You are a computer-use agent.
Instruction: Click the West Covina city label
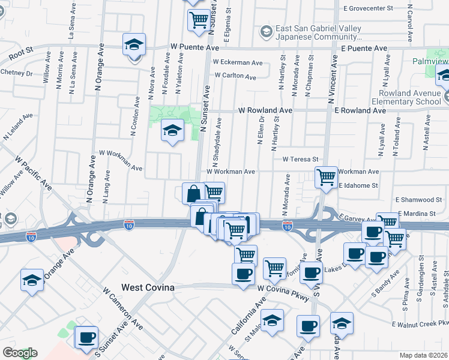148,287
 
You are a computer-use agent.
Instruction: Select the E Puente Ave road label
364,47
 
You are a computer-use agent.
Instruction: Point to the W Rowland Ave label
265,110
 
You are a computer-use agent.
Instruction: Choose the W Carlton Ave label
235,76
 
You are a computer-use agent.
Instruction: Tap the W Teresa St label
300,159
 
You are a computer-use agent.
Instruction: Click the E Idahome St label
358,186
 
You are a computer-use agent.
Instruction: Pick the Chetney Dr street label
16,73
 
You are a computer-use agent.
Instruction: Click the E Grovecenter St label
367,8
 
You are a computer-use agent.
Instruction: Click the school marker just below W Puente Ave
134,46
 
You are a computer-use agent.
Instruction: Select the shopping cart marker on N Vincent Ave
326,178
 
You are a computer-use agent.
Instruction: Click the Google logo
20,353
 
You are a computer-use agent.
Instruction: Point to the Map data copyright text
424,355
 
